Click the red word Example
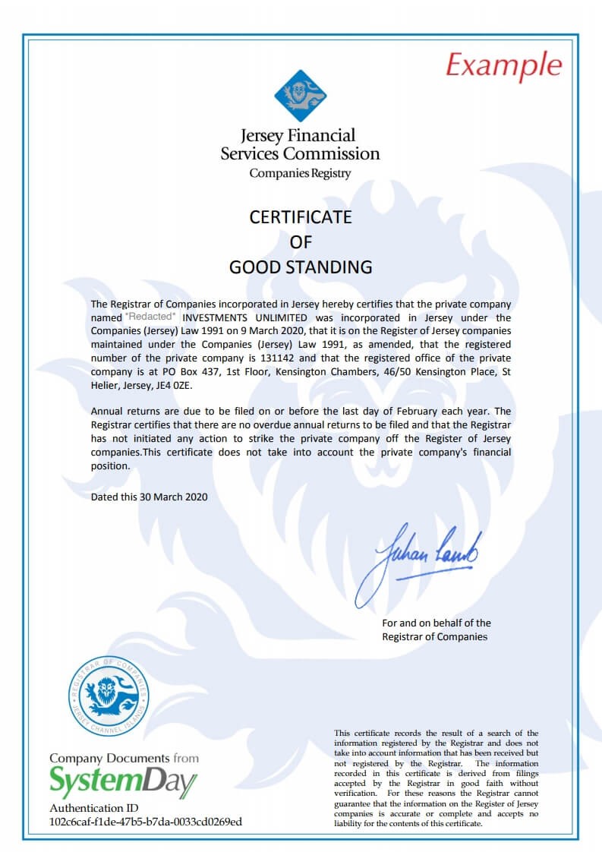tap(503, 65)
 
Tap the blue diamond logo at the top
tap(300, 96)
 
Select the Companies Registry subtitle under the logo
tap(300, 173)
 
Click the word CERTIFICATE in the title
tap(301, 217)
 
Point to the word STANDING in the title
tap(333, 267)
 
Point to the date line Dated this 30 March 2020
tap(149, 497)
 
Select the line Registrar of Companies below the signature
tap(434, 636)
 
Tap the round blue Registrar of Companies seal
tap(109, 696)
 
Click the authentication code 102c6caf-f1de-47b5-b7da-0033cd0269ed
tap(146, 821)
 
